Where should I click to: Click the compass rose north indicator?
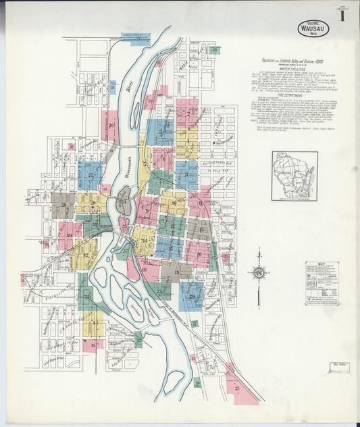(259, 273)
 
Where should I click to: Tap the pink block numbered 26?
(110, 126)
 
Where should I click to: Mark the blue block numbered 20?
(192, 296)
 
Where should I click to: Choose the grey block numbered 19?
(176, 272)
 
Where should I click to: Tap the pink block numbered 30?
(69, 234)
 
